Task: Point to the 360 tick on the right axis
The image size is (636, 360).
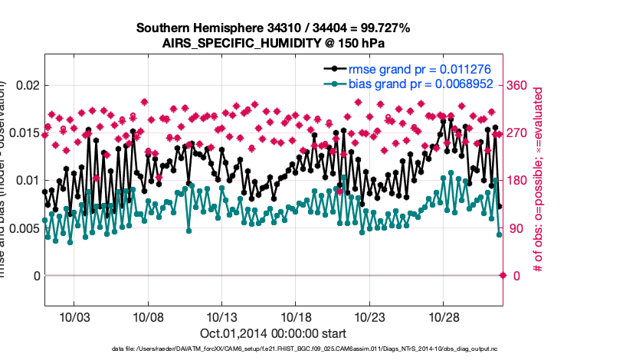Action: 520,85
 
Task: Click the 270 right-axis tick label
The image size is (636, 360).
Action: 520,133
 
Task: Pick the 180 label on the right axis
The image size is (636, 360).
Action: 520,180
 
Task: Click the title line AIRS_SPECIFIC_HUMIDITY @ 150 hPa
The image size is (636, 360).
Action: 274,43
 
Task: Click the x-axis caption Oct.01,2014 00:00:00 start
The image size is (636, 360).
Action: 274,333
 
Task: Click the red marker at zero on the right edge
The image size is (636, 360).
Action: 503,275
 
